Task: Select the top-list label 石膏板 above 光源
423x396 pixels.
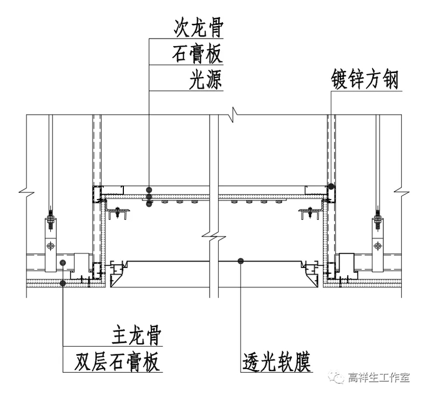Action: click(197, 55)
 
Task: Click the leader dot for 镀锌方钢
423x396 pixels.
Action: click(331, 186)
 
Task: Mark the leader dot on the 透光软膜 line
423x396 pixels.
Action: click(241, 260)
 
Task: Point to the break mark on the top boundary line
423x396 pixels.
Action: click(233, 114)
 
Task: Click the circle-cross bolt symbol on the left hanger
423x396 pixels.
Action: click(50, 246)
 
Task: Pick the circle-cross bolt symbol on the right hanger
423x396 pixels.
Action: click(377, 246)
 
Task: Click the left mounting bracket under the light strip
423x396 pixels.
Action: click(118, 213)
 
